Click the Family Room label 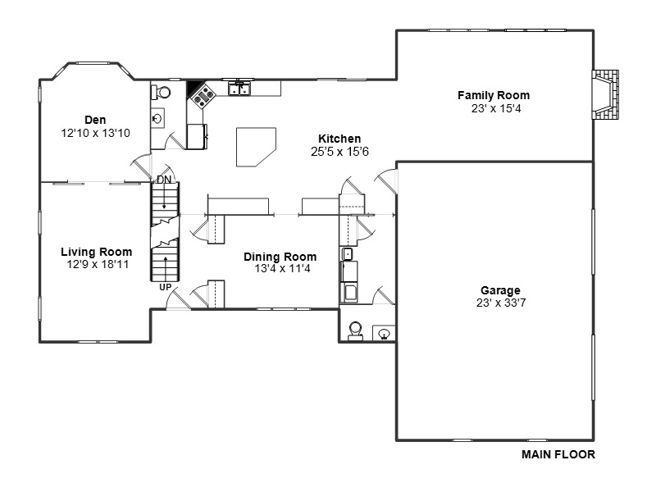[x=494, y=95]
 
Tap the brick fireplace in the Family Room [x=605, y=95]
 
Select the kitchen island [x=256, y=147]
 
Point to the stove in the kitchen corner [x=203, y=96]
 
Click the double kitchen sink [x=239, y=89]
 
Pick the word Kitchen [x=339, y=139]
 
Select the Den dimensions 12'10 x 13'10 [x=95, y=134]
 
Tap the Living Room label [x=97, y=252]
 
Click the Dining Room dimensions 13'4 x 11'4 [x=282, y=269]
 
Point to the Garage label [x=500, y=290]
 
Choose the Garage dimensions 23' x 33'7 [x=501, y=303]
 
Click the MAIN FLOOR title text [x=558, y=454]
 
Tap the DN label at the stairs [x=164, y=180]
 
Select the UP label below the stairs [x=166, y=288]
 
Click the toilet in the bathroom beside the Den [x=161, y=93]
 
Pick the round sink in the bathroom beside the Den [x=157, y=119]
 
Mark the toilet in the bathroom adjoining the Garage [x=356, y=331]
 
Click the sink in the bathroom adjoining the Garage [x=384, y=334]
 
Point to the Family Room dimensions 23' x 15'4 [x=496, y=109]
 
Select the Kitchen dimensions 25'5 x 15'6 [x=339, y=152]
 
